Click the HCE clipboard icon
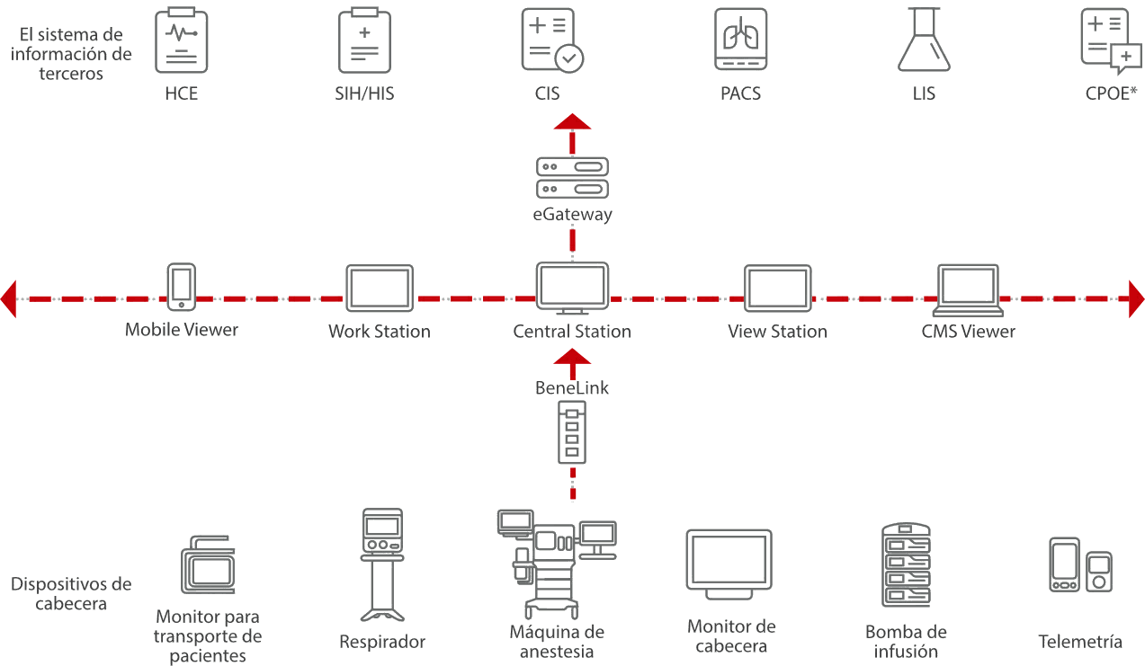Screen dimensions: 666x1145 (x=182, y=40)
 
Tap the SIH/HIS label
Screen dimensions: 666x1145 (x=365, y=93)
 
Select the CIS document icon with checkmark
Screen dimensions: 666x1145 (x=551, y=40)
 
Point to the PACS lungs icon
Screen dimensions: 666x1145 (x=740, y=40)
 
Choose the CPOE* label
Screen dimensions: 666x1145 (x=1105, y=93)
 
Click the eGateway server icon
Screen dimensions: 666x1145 (x=572, y=178)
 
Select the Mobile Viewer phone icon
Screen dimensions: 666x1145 (x=182, y=287)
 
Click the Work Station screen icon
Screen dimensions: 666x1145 (x=380, y=289)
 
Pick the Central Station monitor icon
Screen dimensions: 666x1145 (x=572, y=288)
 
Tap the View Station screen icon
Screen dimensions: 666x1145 (x=777, y=289)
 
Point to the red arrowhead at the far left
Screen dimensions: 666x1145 (x=9, y=297)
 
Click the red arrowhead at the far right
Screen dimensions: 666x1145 (x=1136, y=297)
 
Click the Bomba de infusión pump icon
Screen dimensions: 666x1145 (x=906, y=566)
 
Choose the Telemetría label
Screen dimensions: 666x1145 (x=1080, y=642)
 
